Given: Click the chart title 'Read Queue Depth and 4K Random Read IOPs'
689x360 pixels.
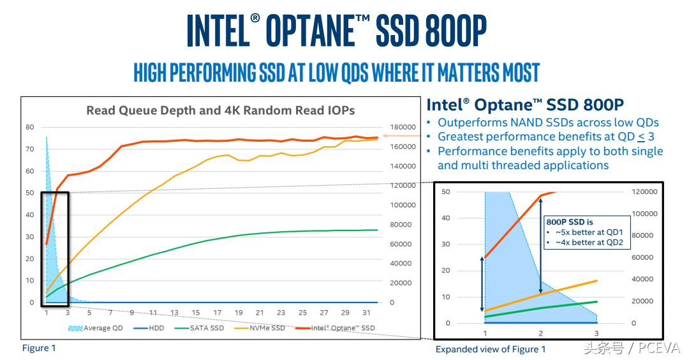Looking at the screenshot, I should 220,110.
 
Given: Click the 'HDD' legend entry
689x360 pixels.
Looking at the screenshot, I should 154,328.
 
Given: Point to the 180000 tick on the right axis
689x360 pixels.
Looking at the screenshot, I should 403,127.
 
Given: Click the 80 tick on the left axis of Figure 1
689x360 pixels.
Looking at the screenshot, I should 30,127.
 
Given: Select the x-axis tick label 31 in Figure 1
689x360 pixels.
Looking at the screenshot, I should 366,313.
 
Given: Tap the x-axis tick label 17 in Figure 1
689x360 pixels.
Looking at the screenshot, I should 217,313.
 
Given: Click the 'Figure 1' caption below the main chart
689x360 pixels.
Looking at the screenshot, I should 39,348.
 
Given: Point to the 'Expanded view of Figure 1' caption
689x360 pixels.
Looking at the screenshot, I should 491,349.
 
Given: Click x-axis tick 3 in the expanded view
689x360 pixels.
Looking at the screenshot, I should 596,334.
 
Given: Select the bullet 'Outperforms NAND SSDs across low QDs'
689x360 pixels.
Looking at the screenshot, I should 548,123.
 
